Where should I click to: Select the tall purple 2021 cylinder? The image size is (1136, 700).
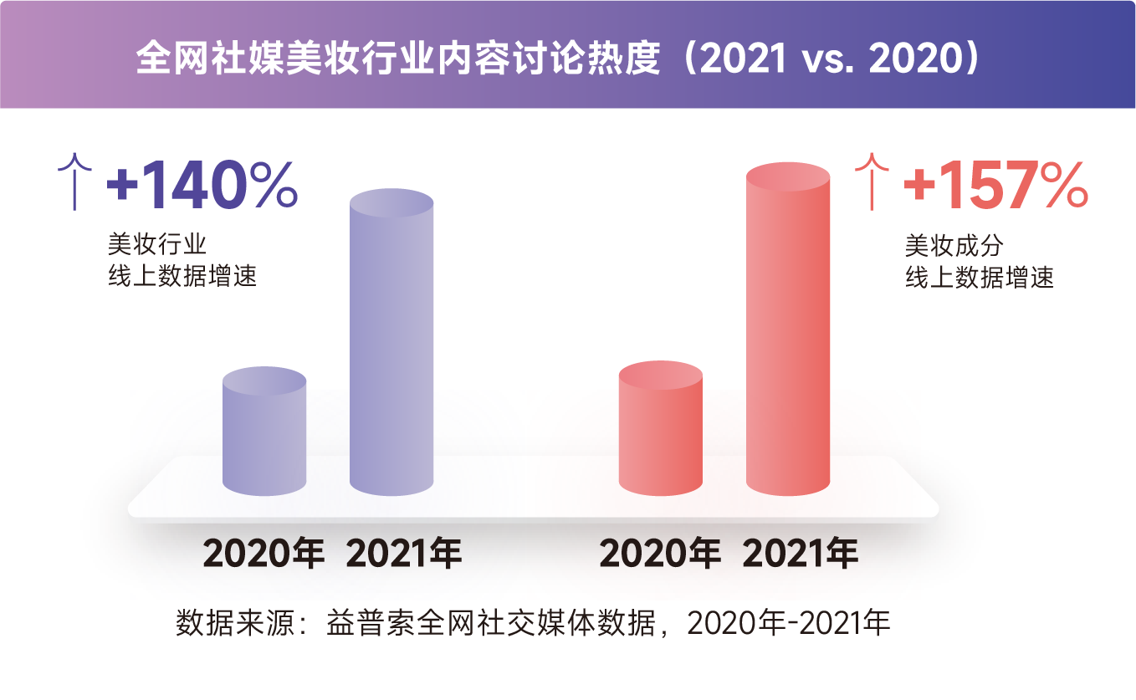[x=391, y=343]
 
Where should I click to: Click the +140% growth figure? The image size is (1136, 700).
[x=202, y=185]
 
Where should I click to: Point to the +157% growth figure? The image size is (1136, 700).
[x=995, y=185]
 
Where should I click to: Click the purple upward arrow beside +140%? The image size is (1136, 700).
[x=76, y=181]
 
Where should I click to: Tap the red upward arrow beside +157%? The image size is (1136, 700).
[x=873, y=181]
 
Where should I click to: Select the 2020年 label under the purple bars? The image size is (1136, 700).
[x=264, y=554]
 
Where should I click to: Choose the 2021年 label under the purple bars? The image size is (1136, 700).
[x=404, y=554]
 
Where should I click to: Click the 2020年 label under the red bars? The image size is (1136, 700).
[x=660, y=554]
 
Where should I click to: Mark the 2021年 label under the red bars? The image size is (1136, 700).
[x=801, y=554]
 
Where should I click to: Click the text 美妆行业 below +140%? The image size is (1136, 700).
[x=156, y=245]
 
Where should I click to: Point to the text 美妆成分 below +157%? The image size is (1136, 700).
[x=954, y=245]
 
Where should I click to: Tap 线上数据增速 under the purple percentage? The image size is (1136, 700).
[x=182, y=277]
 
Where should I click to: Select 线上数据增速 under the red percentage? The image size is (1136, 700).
[x=979, y=277]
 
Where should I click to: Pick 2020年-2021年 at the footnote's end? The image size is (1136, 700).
[x=789, y=624]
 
